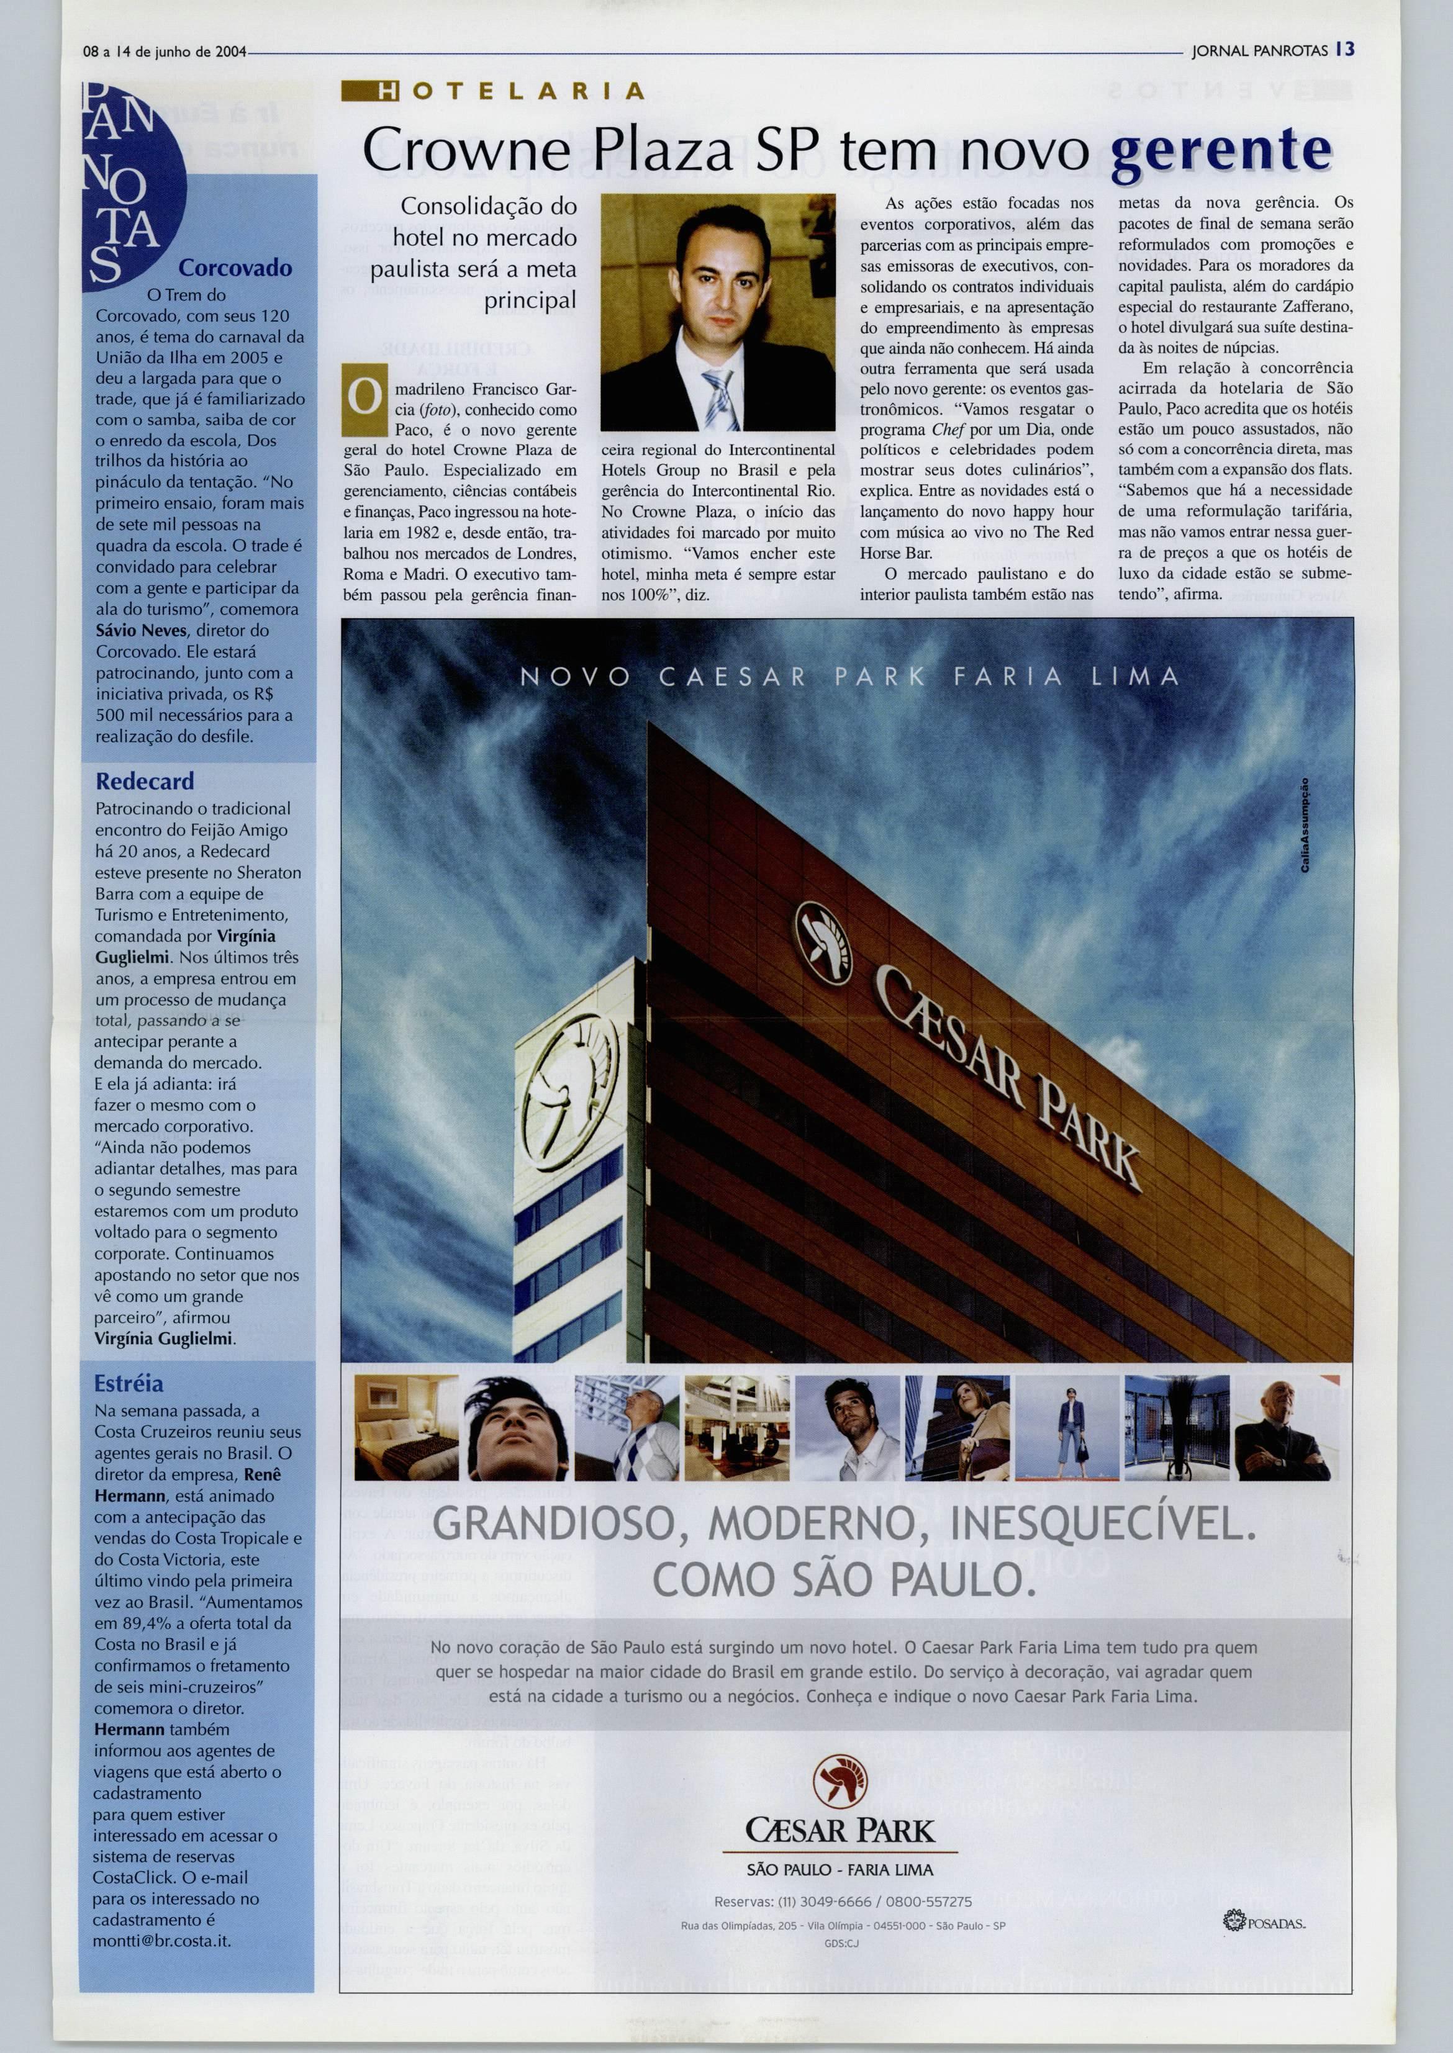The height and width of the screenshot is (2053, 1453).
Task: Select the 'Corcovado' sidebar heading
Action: pyautogui.click(x=235, y=268)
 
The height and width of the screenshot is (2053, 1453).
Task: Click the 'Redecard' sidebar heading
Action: pyautogui.click(x=145, y=781)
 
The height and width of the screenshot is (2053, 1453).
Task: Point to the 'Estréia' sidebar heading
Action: pyautogui.click(x=129, y=1383)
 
